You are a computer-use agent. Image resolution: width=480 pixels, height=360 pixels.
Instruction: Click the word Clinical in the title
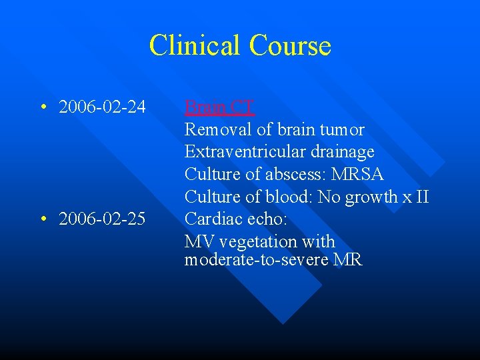click(195, 45)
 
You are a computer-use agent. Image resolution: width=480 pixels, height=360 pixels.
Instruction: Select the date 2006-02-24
click(102, 107)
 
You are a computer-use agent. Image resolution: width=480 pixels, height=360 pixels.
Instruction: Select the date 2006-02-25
click(102, 219)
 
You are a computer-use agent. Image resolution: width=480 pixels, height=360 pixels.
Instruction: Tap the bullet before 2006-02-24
click(42, 107)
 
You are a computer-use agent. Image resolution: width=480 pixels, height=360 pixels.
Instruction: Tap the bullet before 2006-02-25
click(42, 219)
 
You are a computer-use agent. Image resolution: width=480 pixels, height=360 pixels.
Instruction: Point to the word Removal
click(213, 129)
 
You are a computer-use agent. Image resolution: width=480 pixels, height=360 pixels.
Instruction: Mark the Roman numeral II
click(421, 197)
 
